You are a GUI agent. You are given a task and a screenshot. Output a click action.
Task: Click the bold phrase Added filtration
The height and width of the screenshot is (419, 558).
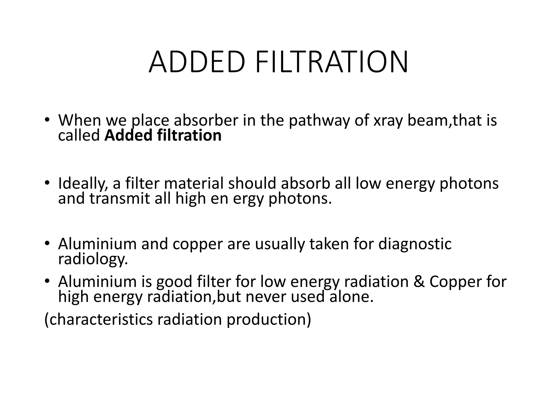tap(163, 135)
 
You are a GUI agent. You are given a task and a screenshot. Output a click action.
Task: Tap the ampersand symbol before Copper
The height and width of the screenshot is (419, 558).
tap(419, 282)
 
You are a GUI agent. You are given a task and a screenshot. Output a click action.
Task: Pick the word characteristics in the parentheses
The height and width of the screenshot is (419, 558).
tap(98, 319)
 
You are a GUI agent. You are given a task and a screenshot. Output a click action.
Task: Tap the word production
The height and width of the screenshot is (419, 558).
tap(269, 319)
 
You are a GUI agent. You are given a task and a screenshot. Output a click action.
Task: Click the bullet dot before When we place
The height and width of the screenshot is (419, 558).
tap(47, 120)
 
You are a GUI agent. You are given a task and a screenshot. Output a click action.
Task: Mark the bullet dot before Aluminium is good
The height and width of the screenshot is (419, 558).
tap(47, 281)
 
